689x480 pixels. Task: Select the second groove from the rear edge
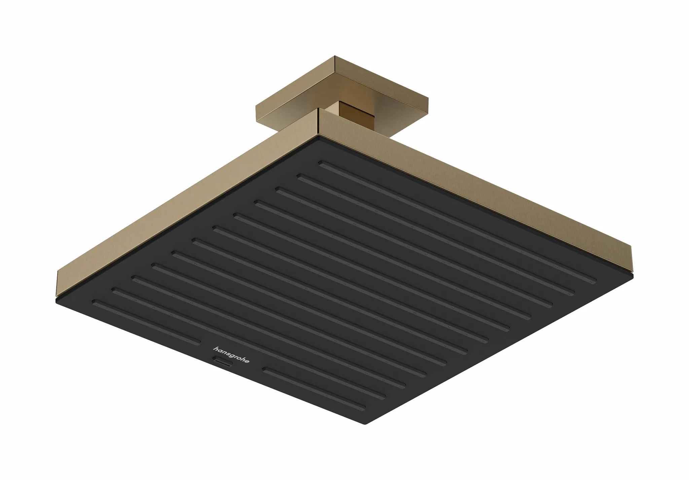click(x=434, y=236)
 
